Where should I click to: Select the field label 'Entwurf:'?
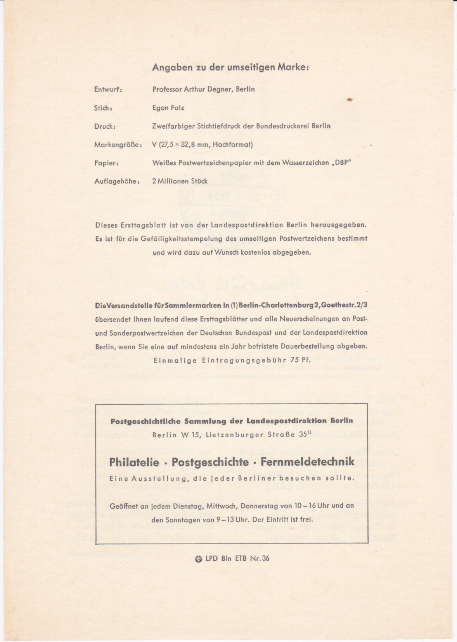click(x=108, y=90)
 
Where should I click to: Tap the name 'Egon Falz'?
click(x=168, y=108)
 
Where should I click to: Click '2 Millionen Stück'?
click(x=180, y=181)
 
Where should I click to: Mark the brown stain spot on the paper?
click(x=350, y=100)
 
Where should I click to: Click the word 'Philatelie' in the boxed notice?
click(x=134, y=462)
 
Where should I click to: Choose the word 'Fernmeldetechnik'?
click(x=307, y=462)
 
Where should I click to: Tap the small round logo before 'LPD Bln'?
click(x=199, y=559)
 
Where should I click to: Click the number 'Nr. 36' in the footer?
click(x=260, y=558)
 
